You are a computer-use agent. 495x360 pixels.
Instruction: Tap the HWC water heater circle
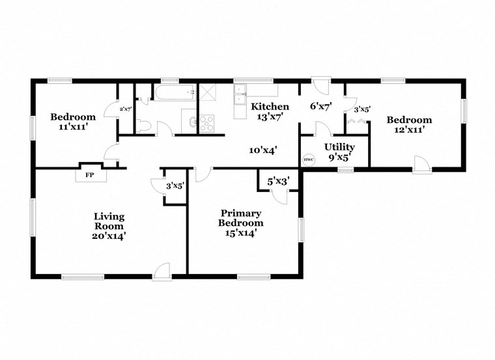(x=309, y=160)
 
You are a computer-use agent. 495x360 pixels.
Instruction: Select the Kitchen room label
(x=270, y=106)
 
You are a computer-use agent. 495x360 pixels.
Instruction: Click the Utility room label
(x=340, y=147)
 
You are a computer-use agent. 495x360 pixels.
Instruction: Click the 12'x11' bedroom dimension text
(x=408, y=130)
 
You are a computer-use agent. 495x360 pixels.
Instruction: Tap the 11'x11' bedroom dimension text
(x=73, y=127)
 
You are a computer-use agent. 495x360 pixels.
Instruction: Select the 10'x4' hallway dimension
(x=263, y=150)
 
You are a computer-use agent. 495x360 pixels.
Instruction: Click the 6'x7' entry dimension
(x=321, y=107)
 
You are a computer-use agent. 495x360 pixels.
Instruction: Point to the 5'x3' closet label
(x=278, y=182)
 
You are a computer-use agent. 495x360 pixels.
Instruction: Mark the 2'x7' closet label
(x=125, y=109)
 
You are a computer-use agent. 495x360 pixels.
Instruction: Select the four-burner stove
(x=207, y=122)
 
